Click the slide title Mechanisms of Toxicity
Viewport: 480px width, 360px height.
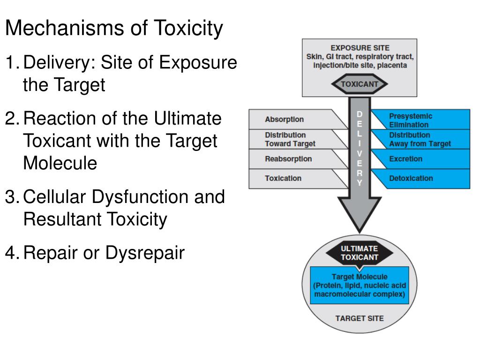pos(114,29)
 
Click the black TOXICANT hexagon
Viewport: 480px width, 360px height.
pos(360,85)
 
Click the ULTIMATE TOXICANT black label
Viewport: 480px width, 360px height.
pos(360,253)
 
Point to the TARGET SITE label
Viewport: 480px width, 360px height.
pos(360,318)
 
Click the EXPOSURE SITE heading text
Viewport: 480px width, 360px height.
pos(360,48)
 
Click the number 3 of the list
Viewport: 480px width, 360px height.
pos(10,196)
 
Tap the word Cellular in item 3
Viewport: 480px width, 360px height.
pos(58,196)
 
